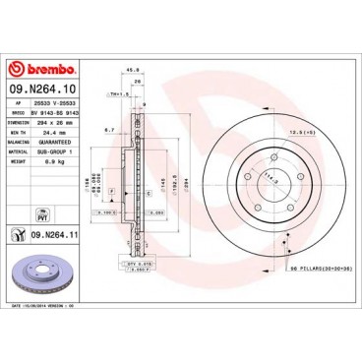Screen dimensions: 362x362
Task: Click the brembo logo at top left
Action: click(38, 68)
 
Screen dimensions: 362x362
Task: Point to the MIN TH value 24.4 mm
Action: click(55, 132)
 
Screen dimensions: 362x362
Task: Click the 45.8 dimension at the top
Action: click(133, 68)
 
